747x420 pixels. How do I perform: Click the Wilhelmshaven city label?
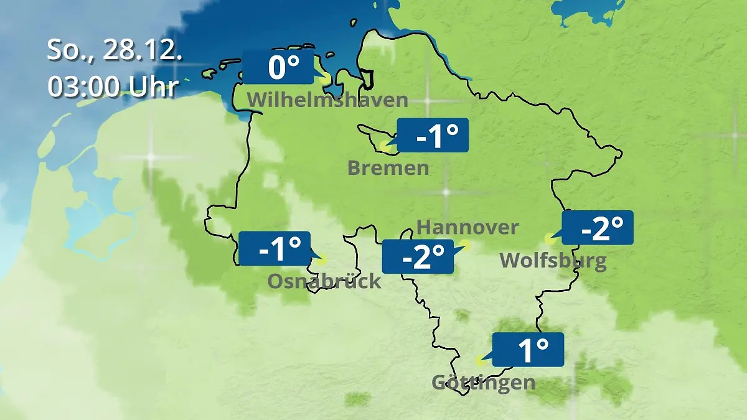coord(327,100)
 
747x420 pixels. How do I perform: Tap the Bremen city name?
coord(388,167)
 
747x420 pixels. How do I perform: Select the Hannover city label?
coord(467,227)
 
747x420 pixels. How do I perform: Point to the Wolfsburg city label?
coord(553,260)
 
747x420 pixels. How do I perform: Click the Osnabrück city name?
coord(324,281)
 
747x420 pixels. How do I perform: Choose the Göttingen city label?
coord(483,382)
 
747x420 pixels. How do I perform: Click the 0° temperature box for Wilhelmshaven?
coord(278,67)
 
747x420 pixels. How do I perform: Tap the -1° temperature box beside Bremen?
coord(433,136)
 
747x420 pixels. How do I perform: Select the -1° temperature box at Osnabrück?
coord(275,248)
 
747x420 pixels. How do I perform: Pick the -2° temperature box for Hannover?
coord(418,256)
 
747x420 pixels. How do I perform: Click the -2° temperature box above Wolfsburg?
coord(598,228)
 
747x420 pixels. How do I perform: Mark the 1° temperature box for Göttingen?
coord(529,350)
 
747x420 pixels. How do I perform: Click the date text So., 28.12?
coord(115,50)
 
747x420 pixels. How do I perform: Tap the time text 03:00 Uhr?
coord(113,87)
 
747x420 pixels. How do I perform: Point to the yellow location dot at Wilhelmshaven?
coord(325,79)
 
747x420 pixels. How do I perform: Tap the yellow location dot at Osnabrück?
coord(321,260)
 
